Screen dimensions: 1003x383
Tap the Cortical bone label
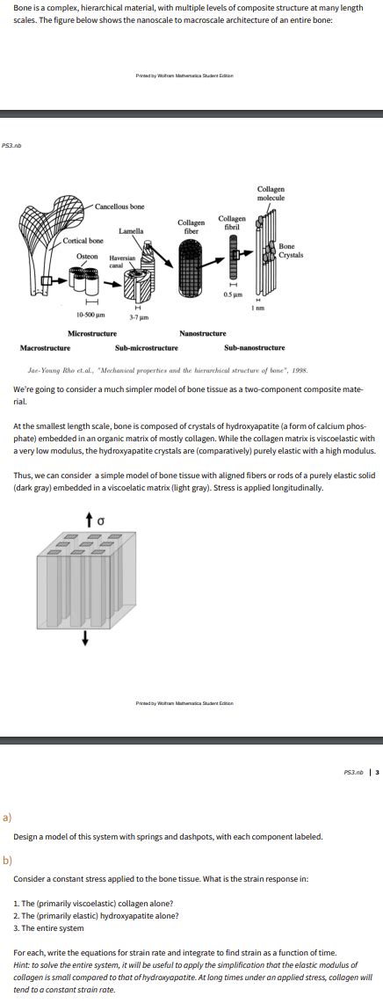pos(83,240)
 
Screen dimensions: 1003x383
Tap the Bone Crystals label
pos(292,251)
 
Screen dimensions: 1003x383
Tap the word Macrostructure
pos(46,348)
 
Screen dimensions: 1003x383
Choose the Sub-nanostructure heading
pos(255,348)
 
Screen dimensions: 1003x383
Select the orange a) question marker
pos(7,817)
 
